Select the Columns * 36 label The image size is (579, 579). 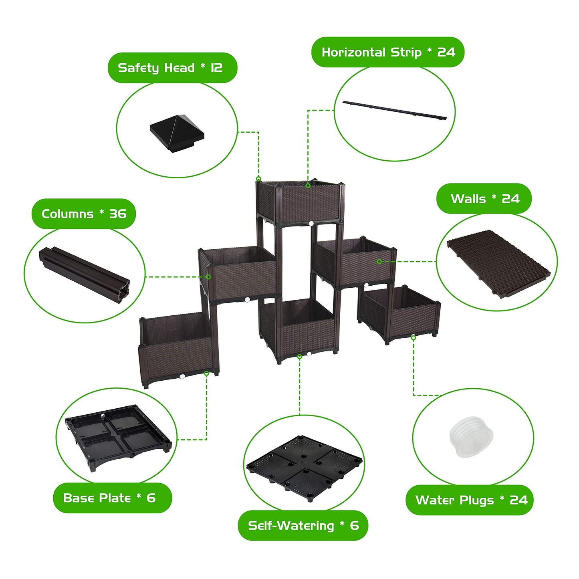84,214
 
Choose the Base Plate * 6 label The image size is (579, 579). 109,498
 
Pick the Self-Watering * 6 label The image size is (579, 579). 303,526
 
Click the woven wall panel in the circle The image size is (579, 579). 499,264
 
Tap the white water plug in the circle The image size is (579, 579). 471,437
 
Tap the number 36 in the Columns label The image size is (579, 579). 118,214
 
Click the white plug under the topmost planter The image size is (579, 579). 311,224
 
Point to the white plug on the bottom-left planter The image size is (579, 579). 182,376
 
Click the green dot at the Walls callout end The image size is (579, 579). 379,261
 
